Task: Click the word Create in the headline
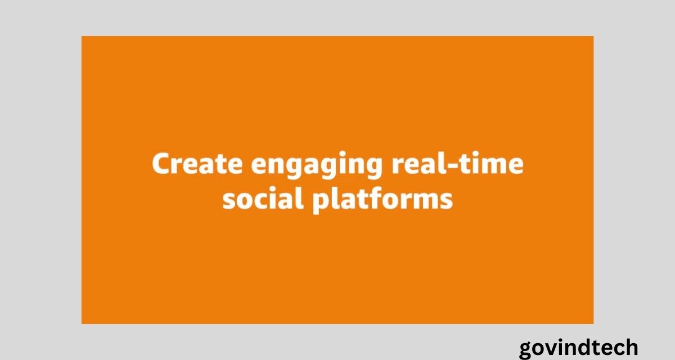[x=197, y=163]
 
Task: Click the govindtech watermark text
[x=579, y=348]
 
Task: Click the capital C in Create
[x=163, y=163]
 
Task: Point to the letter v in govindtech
[x=550, y=349]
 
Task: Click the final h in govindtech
[x=631, y=347]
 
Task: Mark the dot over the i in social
[x=282, y=190]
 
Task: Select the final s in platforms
[x=446, y=201]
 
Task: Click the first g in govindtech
[x=527, y=351]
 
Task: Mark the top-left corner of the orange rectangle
[x=82, y=36]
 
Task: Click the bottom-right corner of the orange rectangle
[x=593, y=324]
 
